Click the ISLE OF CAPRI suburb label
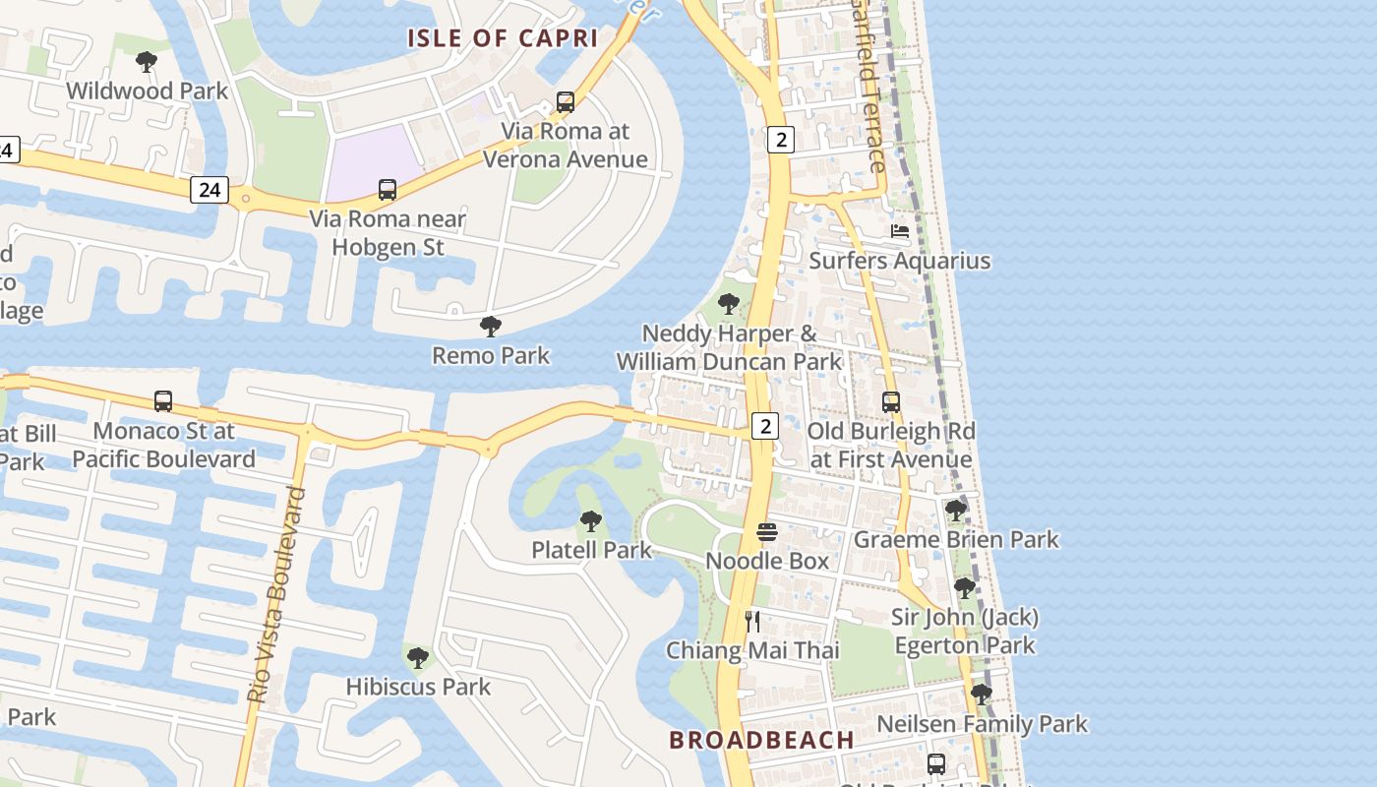pos(503,38)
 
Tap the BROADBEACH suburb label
pos(761,740)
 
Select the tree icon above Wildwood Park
pos(147,63)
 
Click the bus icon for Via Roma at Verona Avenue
pos(565,101)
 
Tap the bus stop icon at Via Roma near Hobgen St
pos(388,190)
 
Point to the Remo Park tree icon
pos(490,327)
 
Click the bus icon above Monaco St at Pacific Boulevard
pos(163,401)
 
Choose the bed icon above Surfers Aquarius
pos(899,231)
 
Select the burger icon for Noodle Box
pos(767,532)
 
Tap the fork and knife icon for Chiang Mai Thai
pos(752,621)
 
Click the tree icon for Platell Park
pos(590,521)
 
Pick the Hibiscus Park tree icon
pos(417,657)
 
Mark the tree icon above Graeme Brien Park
pos(955,511)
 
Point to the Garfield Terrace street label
pos(869,89)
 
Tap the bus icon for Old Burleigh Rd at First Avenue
pos(890,402)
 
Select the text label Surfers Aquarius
pos(899,261)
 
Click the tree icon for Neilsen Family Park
pos(981,695)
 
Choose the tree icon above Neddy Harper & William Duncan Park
pos(729,304)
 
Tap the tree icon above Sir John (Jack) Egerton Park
pos(964,588)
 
